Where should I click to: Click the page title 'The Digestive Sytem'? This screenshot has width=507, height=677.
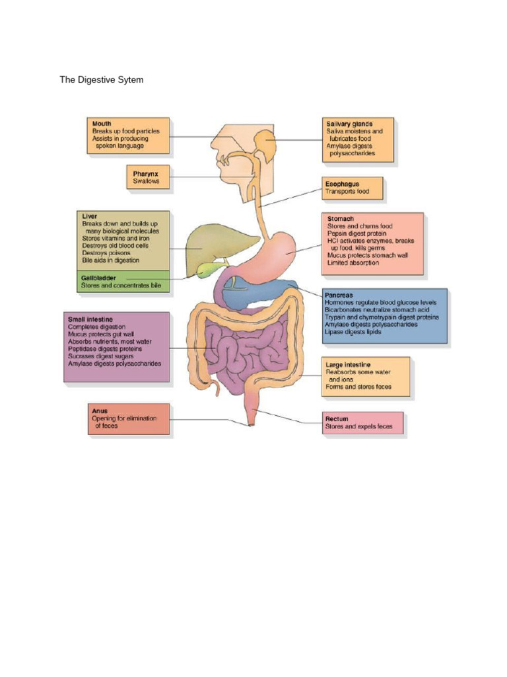pos(101,80)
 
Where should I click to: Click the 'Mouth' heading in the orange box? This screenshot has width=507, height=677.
pos(102,124)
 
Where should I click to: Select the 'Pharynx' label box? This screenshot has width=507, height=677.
pos(149,177)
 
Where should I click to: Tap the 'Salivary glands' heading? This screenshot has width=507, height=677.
pos(349,124)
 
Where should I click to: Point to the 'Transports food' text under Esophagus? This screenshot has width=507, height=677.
pos(346,192)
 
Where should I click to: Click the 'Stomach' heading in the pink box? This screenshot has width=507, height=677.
pos(341,218)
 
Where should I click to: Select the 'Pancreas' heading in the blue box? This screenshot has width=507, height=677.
pos(339,294)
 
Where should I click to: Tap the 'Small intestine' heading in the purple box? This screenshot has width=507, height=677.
pos(90,319)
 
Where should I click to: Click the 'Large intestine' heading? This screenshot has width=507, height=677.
pos(348,364)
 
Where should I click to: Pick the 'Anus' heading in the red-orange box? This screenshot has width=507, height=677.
pos(99,411)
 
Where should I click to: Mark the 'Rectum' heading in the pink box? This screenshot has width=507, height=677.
pos(337,419)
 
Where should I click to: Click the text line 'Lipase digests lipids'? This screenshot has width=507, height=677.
pos(353,332)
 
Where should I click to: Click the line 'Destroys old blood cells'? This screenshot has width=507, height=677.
pos(115,245)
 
